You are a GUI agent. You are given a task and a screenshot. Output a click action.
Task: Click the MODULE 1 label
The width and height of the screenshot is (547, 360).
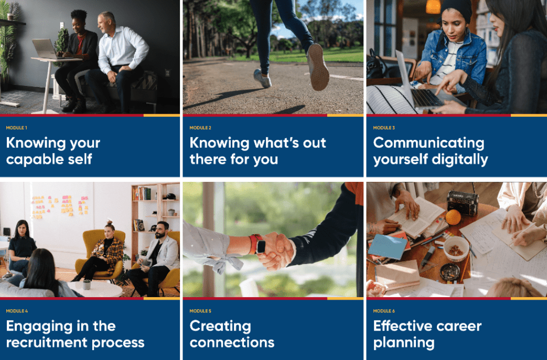pos(16,128)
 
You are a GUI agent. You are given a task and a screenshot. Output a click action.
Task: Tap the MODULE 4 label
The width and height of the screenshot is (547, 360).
pos(17,311)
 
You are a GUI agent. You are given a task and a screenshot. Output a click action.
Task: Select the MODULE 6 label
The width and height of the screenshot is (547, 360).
pos(384,311)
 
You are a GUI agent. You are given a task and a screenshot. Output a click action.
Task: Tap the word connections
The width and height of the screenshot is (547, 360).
pos(232,343)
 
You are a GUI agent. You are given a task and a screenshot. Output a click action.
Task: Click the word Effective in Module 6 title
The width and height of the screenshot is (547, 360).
pos(400,326)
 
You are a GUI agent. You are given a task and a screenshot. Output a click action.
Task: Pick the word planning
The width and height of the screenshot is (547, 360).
pos(404,343)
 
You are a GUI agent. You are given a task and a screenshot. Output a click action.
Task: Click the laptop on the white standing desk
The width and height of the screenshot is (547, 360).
pos(44,49)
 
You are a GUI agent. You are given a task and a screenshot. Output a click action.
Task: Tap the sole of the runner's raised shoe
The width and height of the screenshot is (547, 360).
pos(318,67)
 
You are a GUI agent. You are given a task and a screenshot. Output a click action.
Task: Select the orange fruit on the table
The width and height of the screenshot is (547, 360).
pos(453,217)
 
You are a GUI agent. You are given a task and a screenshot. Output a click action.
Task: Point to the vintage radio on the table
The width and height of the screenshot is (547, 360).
pos(463,202)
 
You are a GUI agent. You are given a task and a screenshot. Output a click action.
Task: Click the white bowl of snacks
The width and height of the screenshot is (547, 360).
pos(456,248)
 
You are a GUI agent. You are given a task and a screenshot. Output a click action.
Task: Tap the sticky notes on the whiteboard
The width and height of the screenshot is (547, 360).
pos(60,206)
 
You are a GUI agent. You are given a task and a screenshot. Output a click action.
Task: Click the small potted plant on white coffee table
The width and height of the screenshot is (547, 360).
pos(87,285)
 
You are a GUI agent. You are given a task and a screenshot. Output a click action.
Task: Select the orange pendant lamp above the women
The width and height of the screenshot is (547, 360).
pos(433,7)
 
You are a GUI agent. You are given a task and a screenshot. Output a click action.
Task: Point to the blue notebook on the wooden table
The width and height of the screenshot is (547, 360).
pos(387,247)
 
